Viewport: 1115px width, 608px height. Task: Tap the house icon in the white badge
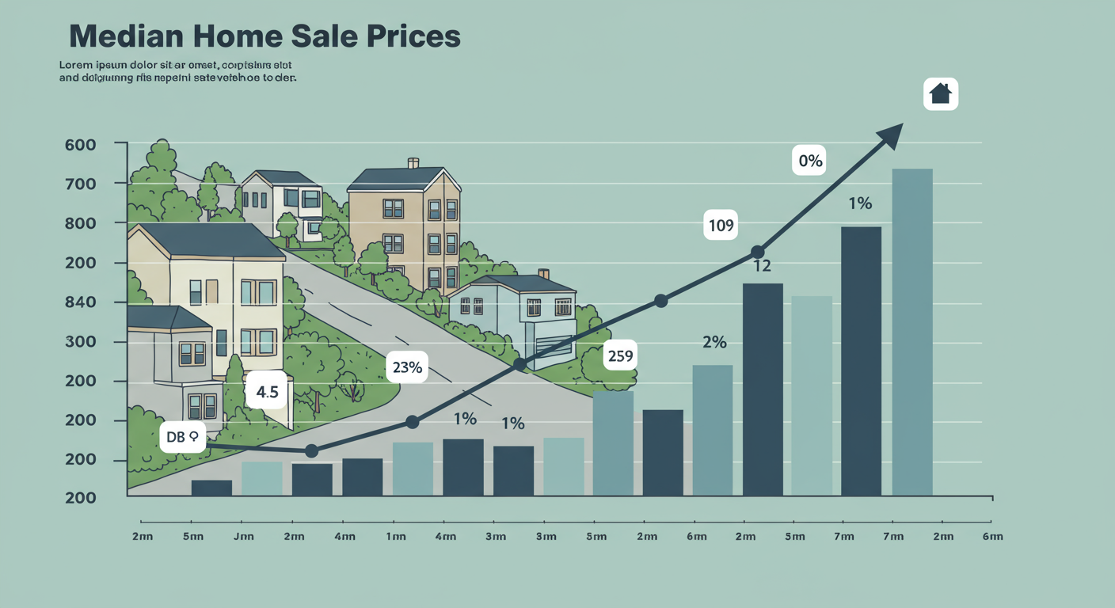940,93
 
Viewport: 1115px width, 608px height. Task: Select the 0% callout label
811,161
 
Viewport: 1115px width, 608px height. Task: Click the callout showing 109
721,226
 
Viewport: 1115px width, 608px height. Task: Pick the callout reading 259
620,356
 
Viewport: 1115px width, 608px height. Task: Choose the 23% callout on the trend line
407,367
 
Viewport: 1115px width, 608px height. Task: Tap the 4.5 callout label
262,392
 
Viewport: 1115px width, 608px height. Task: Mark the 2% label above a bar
714,342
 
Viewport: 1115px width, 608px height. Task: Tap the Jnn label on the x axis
243,536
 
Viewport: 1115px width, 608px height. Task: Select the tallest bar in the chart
912,332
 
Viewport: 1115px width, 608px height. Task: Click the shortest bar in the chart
211,488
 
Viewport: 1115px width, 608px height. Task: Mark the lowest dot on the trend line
311,450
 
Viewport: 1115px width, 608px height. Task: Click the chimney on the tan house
413,163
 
